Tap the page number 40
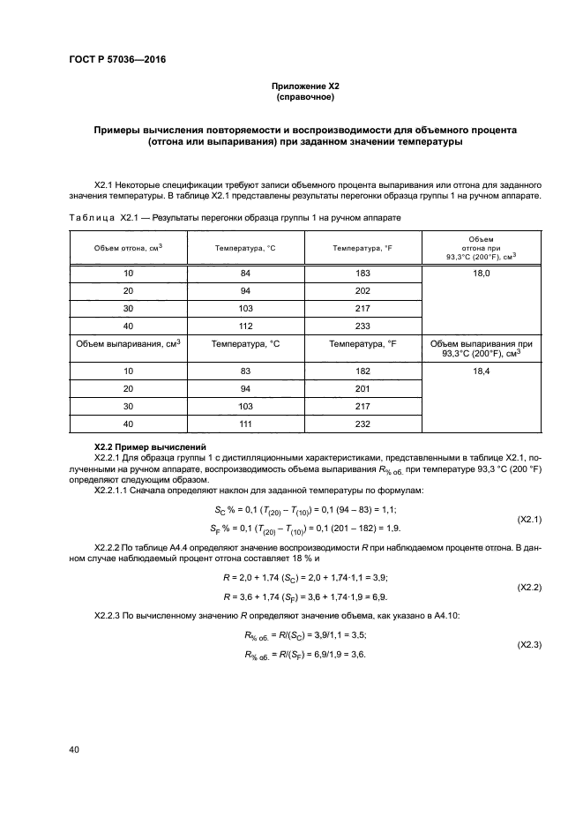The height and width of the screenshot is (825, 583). [75, 750]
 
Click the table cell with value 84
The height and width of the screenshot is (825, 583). [245, 274]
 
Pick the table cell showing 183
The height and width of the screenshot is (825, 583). [363, 274]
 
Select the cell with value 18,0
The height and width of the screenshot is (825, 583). [481, 274]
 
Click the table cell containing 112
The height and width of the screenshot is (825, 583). [245, 325]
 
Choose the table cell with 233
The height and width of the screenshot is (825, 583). [363, 325]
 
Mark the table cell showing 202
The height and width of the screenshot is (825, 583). [363, 291]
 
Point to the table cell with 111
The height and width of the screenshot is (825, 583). [245, 424]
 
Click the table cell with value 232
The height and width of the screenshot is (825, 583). [363, 424]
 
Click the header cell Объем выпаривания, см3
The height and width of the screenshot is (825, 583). [128, 343]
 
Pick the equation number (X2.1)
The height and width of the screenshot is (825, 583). [528, 520]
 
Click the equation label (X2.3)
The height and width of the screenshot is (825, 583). [528, 645]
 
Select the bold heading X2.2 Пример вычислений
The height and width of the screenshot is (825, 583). [150, 447]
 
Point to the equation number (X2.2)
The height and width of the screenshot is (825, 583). [528, 587]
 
